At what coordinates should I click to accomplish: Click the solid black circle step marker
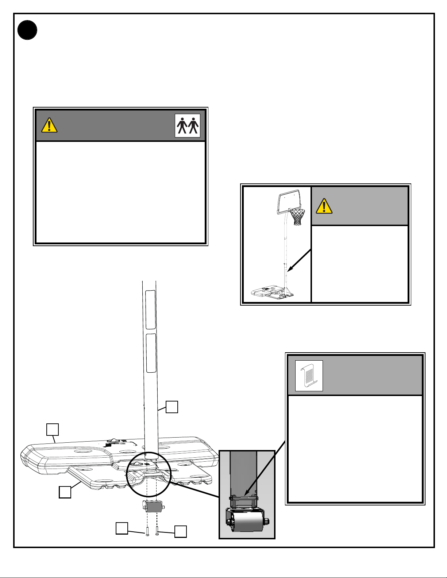27,30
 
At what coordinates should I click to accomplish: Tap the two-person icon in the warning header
188,125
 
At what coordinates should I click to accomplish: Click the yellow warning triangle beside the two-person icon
49,125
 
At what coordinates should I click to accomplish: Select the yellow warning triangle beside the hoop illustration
324,206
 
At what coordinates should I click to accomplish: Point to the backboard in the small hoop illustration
288,201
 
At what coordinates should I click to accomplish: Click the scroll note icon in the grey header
309,376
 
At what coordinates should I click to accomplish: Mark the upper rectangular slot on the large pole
151,310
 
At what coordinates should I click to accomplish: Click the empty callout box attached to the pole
172,407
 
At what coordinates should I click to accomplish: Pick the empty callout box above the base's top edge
53,429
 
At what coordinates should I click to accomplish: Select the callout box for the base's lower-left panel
65,492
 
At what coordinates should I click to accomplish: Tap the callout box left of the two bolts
122,528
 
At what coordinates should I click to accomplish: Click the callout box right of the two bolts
181,531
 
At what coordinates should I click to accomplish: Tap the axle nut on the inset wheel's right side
267,522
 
